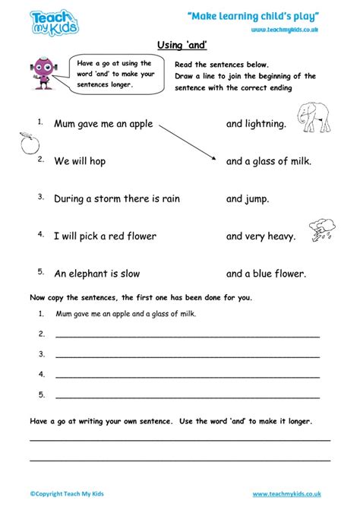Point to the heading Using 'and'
(180, 46)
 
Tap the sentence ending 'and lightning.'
(256, 123)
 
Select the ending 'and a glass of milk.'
(269, 161)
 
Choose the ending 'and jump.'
(247, 199)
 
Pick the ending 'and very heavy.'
(261, 236)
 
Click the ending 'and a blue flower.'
(266, 274)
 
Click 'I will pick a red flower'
(105, 236)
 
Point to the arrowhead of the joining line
(216, 158)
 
